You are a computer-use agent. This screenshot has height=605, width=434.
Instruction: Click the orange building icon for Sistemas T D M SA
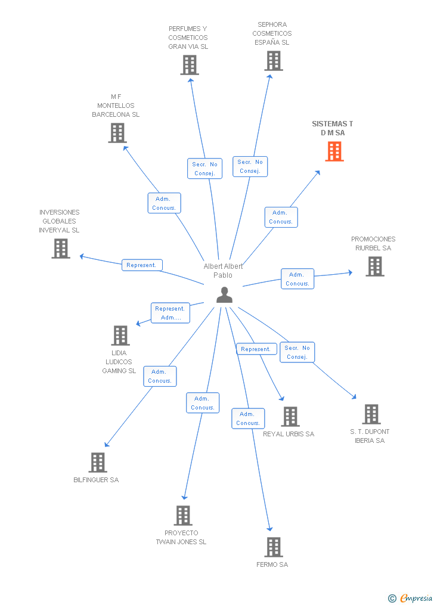pyautogui.click(x=334, y=151)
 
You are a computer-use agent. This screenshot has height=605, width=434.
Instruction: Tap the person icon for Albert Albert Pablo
pyautogui.click(x=224, y=294)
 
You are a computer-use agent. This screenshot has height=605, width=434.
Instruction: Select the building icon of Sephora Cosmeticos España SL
pyautogui.click(x=274, y=61)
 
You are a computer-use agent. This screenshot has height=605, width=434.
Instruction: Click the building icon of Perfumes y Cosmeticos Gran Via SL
pyautogui.click(x=190, y=65)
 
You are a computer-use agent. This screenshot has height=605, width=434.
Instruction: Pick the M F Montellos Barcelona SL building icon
pyautogui.click(x=117, y=133)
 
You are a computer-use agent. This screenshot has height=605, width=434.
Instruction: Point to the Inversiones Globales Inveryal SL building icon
pyautogui.click(x=61, y=249)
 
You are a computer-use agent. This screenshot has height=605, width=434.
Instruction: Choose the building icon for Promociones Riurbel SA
pyautogui.click(x=374, y=266)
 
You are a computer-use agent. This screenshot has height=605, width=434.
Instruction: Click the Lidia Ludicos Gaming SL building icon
pyautogui.click(x=120, y=336)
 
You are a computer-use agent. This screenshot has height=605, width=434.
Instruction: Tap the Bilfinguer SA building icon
pyautogui.click(x=98, y=463)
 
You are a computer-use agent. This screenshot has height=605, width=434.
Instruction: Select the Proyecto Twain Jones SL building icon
pyautogui.click(x=183, y=516)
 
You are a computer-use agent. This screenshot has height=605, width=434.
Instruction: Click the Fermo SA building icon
pyautogui.click(x=274, y=547)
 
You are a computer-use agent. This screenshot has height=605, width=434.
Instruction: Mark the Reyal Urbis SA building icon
pyautogui.click(x=290, y=417)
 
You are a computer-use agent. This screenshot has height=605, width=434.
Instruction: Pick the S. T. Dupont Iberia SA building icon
pyautogui.click(x=371, y=414)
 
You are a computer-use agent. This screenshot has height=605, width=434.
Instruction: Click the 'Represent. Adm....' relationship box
pyautogui.click(x=170, y=313)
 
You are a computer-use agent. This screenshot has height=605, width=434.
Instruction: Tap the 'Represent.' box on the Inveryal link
pyautogui.click(x=142, y=265)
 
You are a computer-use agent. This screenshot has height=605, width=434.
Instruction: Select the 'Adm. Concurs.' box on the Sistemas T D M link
pyautogui.click(x=281, y=217)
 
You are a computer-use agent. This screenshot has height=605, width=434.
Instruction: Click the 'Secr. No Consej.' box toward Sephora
pyautogui.click(x=250, y=166)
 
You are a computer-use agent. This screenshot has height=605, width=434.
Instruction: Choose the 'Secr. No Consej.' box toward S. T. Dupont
pyautogui.click(x=297, y=352)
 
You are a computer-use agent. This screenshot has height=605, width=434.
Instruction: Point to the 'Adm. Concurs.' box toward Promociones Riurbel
pyautogui.click(x=297, y=279)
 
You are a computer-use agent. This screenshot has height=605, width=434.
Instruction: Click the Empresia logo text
pyautogui.click(x=416, y=598)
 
